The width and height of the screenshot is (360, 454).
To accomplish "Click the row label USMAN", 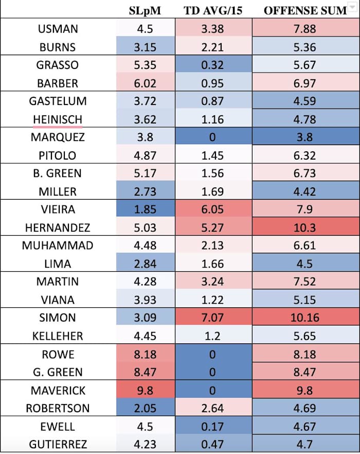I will (57, 29).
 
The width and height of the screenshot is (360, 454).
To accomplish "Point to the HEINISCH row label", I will (57, 119).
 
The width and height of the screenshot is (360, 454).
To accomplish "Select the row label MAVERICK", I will (57, 390).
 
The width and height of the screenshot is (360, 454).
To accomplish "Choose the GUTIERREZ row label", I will (57, 444).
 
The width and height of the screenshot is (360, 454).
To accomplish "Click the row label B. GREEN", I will (57, 173).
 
